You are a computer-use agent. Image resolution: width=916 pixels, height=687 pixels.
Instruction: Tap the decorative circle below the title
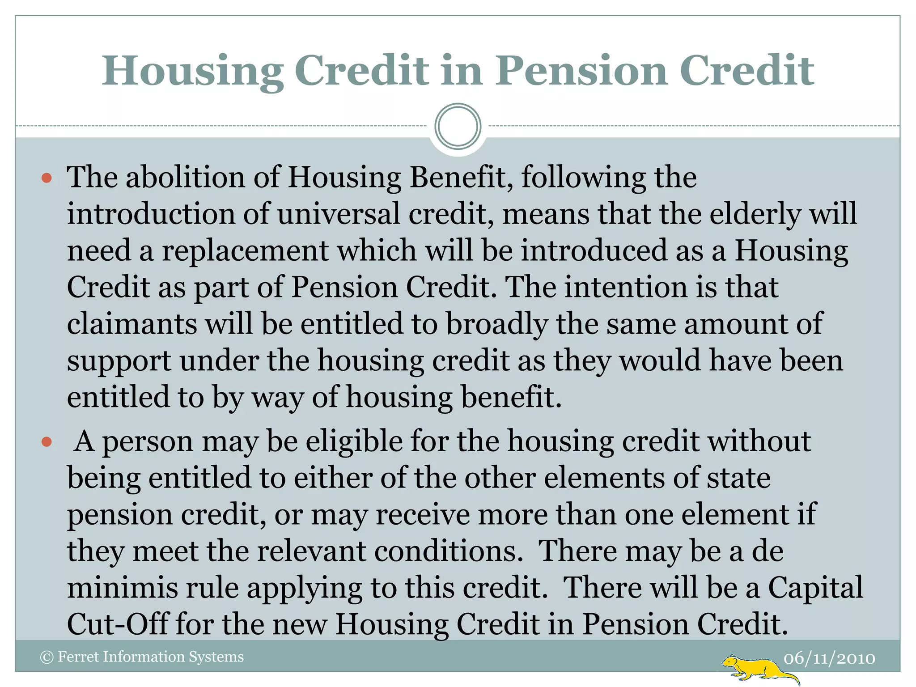pos(458,126)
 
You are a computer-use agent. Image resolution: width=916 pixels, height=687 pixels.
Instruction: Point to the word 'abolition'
pos(185,177)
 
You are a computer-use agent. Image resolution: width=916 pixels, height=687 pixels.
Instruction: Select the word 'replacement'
pos(245,251)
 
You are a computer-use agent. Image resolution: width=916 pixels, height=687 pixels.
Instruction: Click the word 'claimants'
pos(132,323)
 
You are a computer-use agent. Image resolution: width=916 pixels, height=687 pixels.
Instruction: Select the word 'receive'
pos(423,514)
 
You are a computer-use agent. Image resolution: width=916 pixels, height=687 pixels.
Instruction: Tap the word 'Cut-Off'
pos(118,624)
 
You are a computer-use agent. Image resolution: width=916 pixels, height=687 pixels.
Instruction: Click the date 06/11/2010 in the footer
pos(829,658)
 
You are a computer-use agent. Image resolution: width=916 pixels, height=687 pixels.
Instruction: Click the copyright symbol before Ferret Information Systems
pos(47,657)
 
